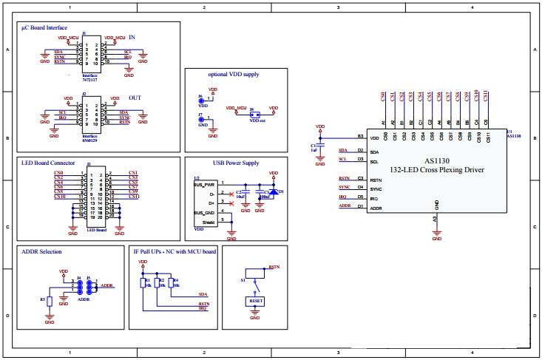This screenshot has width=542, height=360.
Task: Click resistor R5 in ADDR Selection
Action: click(x=50, y=301)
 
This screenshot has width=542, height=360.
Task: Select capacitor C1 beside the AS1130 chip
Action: click(x=319, y=147)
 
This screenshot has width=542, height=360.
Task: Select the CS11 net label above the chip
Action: click(x=486, y=96)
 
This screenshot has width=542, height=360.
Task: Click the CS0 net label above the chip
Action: click(x=382, y=96)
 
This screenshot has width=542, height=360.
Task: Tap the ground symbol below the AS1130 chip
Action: click(x=436, y=236)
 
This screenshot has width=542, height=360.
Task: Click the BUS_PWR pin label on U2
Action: click(x=204, y=184)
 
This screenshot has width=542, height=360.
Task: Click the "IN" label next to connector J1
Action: click(x=132, y=37)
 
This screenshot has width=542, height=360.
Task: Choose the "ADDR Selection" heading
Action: click(x=42, y=251)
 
